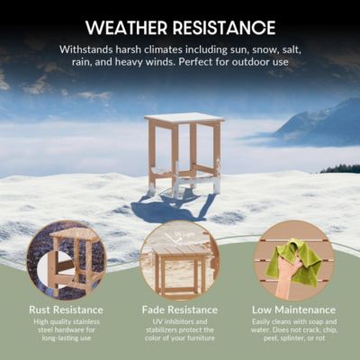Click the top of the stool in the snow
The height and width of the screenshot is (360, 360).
184,118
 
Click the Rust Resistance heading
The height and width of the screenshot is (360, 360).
66,310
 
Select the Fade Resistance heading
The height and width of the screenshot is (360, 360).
179,310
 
